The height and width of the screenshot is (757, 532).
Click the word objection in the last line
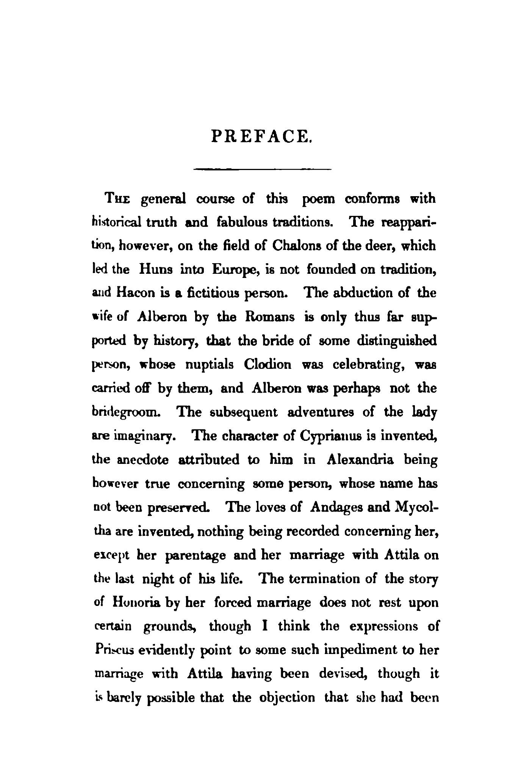[x=288, y=698]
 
